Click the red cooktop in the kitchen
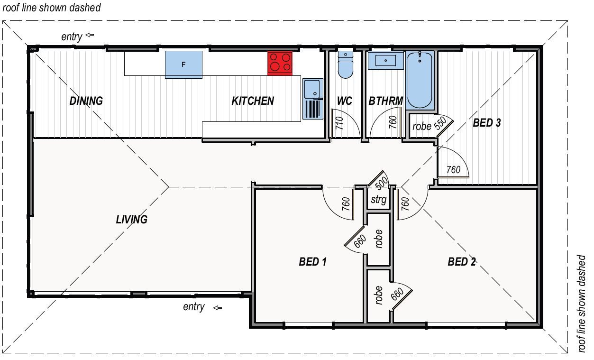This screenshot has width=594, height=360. click(280, 64)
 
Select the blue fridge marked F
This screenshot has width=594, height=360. click(183, 65)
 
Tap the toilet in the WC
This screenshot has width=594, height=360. click(346, 65)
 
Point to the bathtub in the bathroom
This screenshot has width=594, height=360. click(420, 80)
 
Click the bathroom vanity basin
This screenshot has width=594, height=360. click(385, 61)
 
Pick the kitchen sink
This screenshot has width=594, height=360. click(313, 99)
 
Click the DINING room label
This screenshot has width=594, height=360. click(86, 101)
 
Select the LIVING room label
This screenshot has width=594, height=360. click(131, 220)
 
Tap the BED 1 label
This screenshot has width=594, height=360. click(313, 261)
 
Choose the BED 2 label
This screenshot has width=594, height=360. click(462, 261)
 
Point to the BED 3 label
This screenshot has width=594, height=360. click(487, 123)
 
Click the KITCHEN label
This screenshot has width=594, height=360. click(253, 101)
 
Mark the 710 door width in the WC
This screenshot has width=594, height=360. click(339, 123)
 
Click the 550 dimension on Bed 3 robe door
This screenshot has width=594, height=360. click(440, 124)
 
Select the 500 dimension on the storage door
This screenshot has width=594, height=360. click(382, 183)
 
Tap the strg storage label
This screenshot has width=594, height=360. click(379, 200)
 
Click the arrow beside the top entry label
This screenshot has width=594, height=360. click(90, 35)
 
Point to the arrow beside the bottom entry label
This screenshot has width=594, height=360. click(218, 308)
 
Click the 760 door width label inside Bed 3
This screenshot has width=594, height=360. click(454, 170)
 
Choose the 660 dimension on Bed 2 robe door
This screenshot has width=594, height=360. click(397, 294)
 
